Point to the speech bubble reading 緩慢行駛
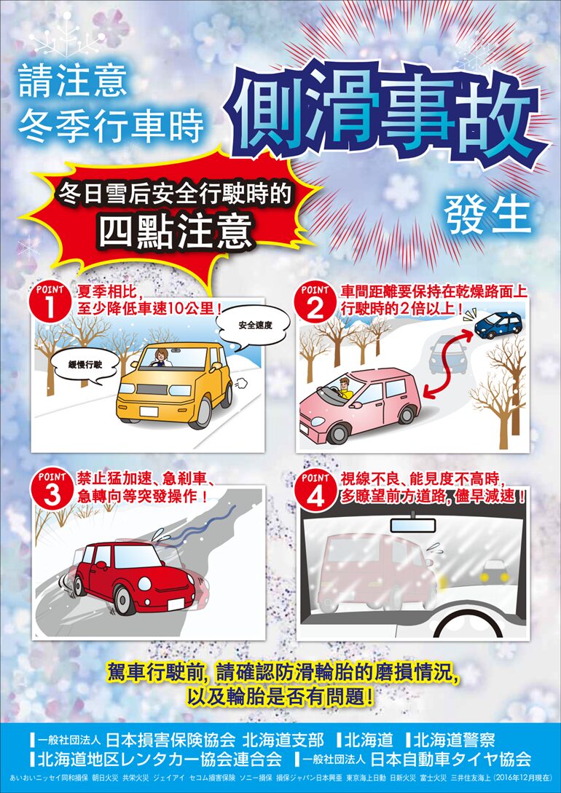point(85,363)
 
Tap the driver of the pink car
point(344,388)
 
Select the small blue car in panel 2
point(498,326)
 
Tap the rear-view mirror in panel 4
point(413,524)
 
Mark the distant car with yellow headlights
point(494,572)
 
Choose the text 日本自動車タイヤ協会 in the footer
point(451,759)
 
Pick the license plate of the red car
point(176,604)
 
